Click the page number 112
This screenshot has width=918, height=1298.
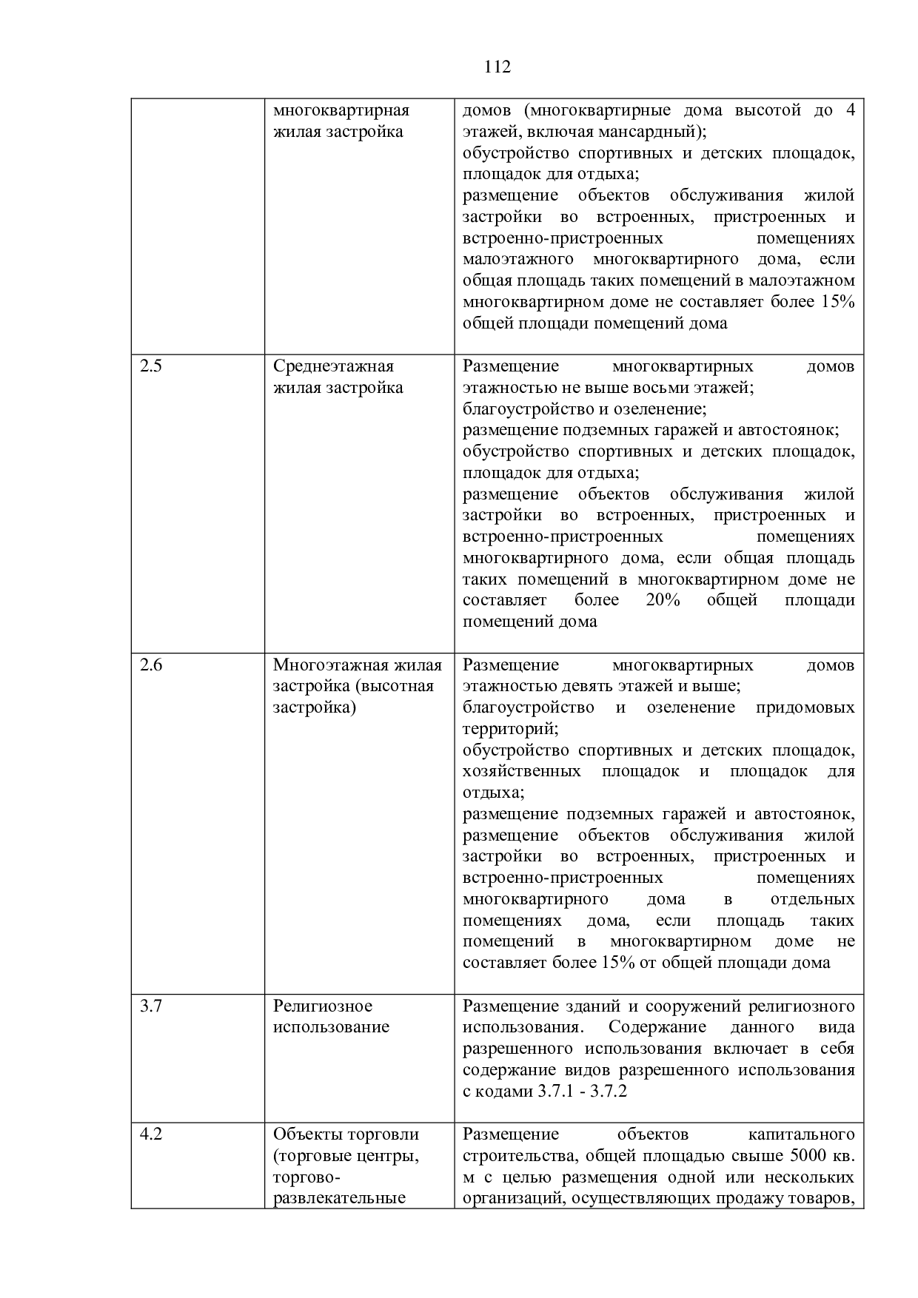497,67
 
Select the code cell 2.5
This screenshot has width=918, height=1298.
151,366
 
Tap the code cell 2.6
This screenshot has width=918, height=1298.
151,665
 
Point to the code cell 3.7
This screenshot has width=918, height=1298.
151,1006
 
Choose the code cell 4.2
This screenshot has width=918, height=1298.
151,1134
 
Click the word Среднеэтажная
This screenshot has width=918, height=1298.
333,366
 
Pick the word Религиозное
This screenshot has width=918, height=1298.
323,1006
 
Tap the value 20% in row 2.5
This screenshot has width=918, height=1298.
663,600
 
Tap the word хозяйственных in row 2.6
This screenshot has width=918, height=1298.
521,772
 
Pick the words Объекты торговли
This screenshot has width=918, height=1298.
346,1134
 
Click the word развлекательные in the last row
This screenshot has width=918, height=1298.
339,1198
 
